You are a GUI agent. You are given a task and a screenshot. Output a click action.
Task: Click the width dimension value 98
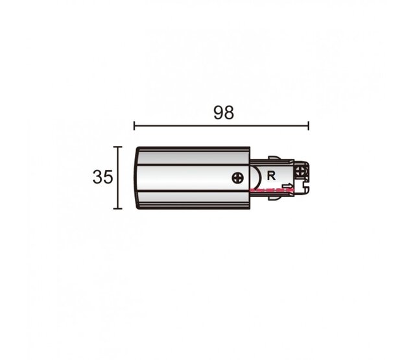[223, 112]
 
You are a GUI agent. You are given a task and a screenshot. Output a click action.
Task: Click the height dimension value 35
[102, 177]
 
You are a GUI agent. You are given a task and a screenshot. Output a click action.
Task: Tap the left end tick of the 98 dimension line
[134, 126]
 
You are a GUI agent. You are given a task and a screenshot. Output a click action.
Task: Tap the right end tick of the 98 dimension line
[308, 126]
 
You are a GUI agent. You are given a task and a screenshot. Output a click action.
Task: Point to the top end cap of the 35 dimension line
[117, 147]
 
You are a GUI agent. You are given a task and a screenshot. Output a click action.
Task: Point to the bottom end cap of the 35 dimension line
[117, 209]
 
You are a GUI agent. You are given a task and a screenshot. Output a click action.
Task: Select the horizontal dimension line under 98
[220, 126]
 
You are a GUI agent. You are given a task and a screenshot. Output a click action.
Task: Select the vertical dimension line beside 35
[117, 178]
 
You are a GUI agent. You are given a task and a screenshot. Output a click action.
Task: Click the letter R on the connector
[271, 174]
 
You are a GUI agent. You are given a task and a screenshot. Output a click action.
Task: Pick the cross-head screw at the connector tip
[300, 171]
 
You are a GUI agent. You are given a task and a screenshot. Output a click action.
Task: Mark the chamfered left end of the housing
[137, 177]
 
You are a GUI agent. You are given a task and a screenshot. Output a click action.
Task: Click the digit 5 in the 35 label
[108, 177]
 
